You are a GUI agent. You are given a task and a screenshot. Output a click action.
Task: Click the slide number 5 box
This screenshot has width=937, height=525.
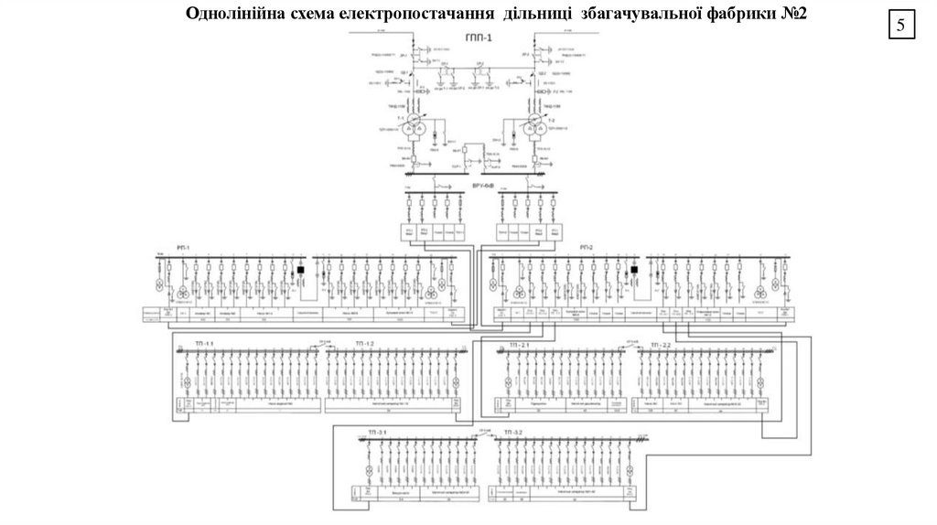(x=900, y=27)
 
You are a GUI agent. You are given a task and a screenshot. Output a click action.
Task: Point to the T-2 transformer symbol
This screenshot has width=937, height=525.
(x=534, y=126)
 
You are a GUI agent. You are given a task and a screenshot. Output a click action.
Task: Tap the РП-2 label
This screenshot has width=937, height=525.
(x=587, y=249)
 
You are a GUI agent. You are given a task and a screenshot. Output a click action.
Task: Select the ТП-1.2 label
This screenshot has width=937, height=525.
(x=364, y=343)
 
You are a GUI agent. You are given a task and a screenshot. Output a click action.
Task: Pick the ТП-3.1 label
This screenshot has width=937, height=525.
(x=379, y=431)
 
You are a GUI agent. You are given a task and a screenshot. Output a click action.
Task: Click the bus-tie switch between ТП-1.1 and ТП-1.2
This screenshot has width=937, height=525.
(x=321, y=346)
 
